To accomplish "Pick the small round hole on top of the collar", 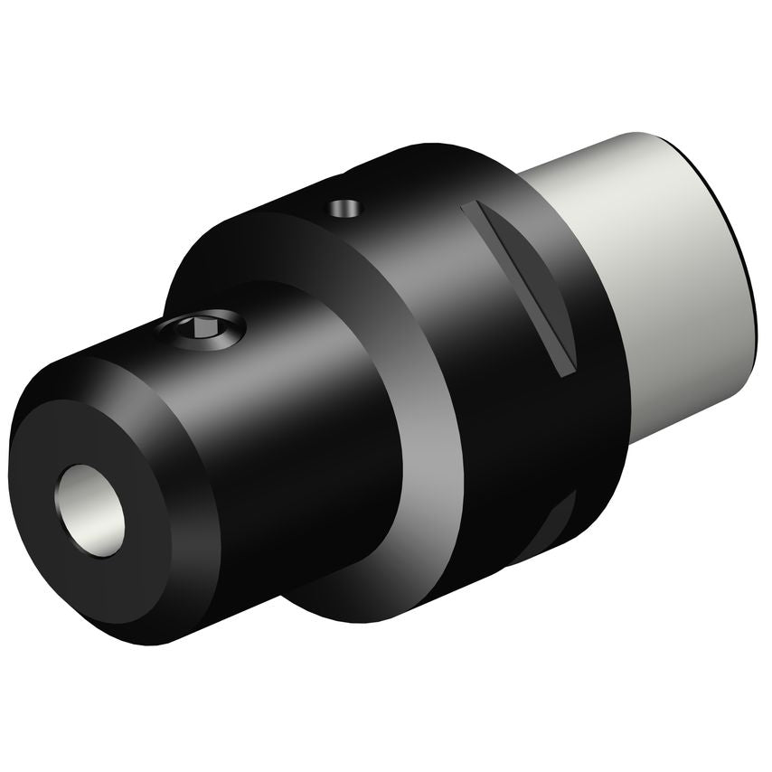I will [x=344, y=208].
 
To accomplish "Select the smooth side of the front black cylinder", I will [x=307, y=452].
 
